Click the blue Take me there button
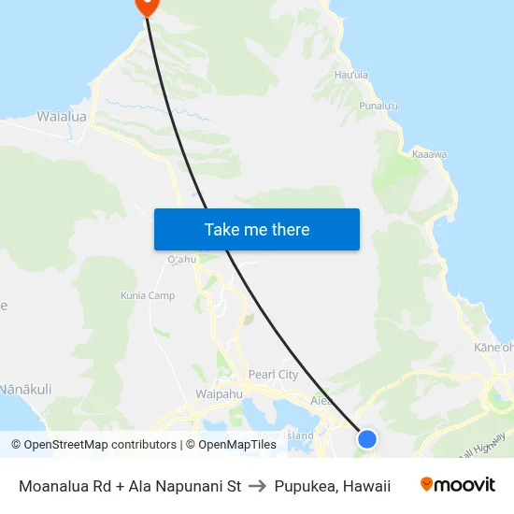coord(256,229)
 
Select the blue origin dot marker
coord(367,438)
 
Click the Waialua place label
coord(61,117)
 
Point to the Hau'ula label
coord(350,75)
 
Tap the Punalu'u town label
coord(378,106)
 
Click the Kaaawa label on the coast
coord(429,154)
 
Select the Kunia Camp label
coord(148,296)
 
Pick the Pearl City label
coord(273,375)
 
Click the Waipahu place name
coord(219,394)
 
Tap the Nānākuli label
coord(25,389)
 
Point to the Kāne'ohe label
coord(493,348)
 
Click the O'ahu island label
coord(181,259)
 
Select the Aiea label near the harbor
coord(321,400)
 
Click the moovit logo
coord(458,485)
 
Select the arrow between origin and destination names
coord(258,486)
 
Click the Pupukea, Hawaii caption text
coord(332,486)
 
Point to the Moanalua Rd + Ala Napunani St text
coord(130,486)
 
